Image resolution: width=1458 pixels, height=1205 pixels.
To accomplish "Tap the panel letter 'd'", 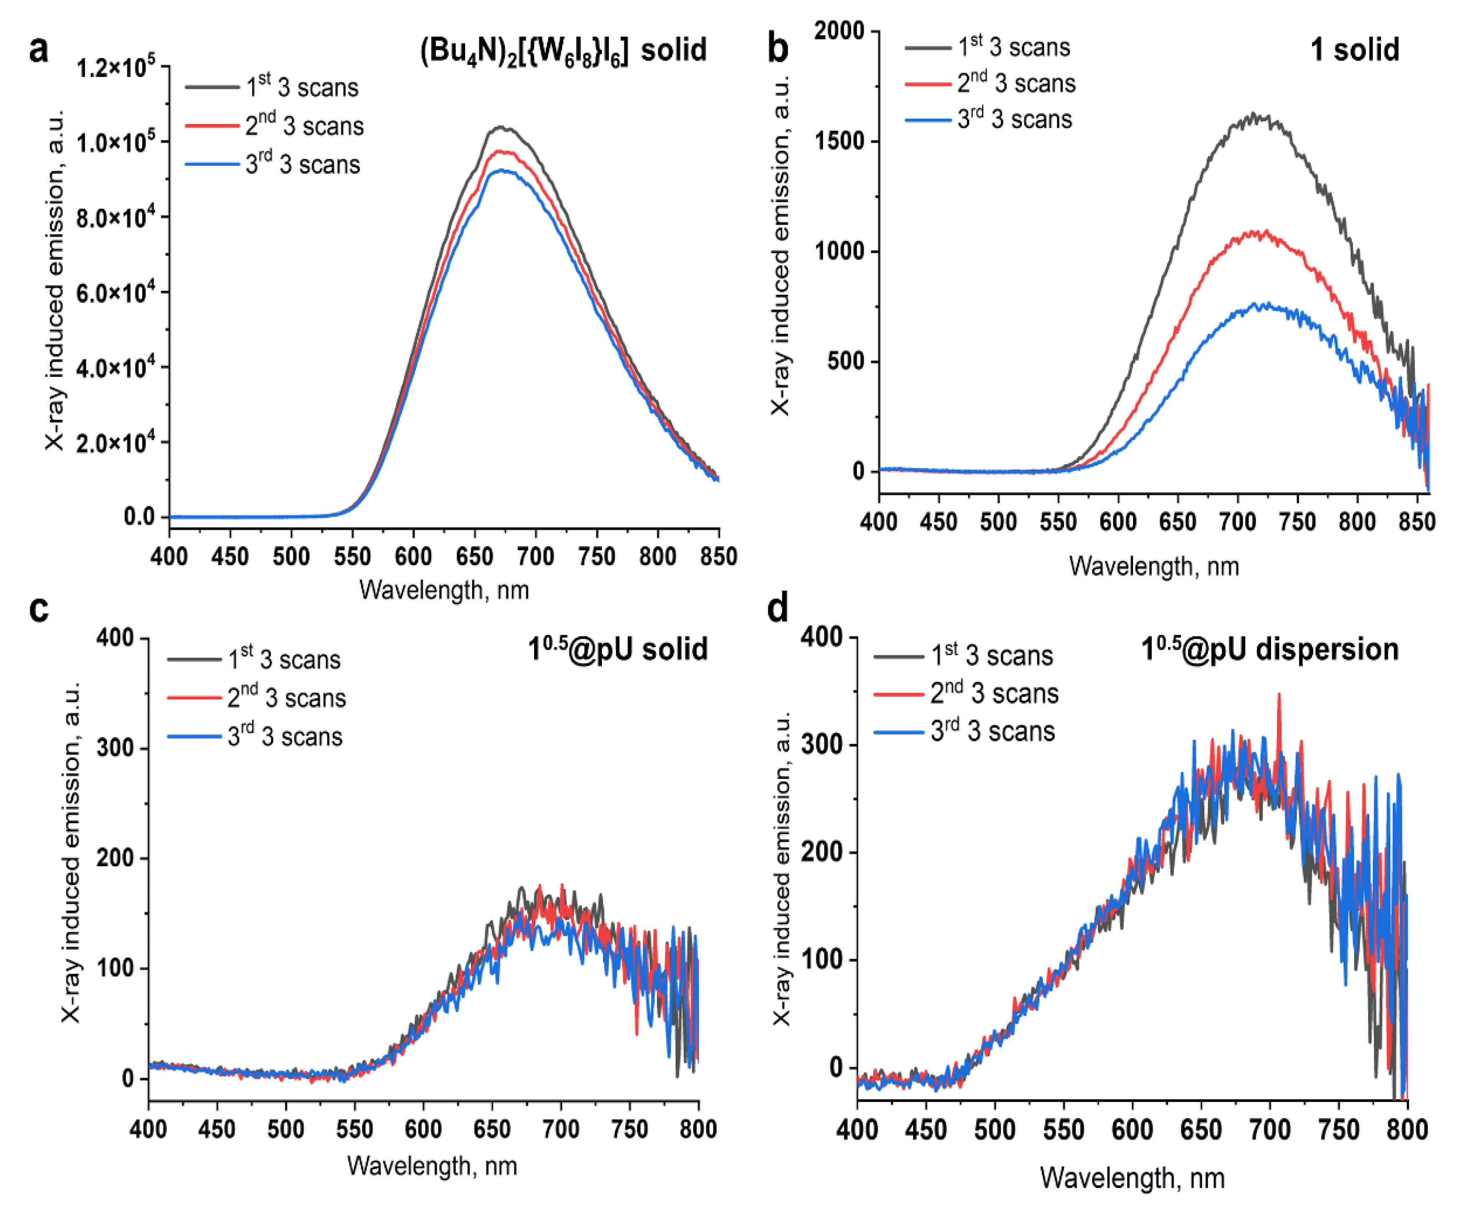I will point(778,608).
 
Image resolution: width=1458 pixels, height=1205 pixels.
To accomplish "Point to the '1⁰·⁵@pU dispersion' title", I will point(1269,650).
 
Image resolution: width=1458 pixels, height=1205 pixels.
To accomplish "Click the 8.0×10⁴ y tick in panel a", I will point(115,218).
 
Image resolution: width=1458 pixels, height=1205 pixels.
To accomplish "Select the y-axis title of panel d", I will point(782,867).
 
